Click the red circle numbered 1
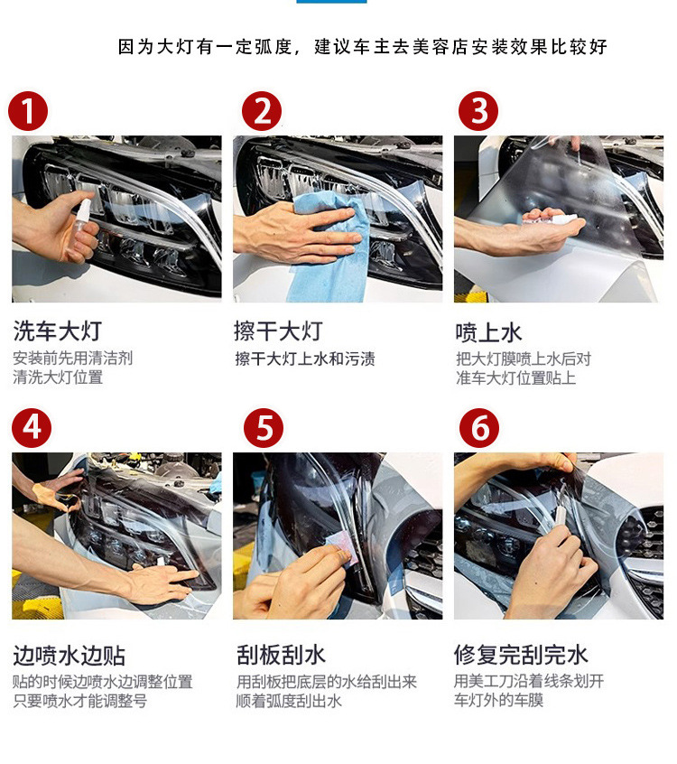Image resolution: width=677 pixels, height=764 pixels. tap(28, 111)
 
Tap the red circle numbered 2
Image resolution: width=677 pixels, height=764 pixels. tap(262, 111)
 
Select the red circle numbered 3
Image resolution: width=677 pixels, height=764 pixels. tap(478, 111)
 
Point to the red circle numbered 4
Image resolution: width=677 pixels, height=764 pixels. tap(32, 428)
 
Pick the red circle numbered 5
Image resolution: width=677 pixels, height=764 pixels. tap(264, 428)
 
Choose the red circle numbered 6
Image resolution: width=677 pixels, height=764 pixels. tap(479, 428)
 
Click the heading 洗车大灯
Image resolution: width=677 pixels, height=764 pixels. tap(58, 331)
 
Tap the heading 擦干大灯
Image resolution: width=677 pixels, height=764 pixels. tap(278, 331)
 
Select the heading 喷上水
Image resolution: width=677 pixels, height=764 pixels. tap(488, 333)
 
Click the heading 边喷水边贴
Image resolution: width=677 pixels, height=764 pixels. tap(70, 656)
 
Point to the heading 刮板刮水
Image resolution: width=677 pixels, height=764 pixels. tap(281, 655)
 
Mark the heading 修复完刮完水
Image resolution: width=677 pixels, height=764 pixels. tap(521, 655)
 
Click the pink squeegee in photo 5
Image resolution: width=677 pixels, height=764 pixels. tap(342, 549)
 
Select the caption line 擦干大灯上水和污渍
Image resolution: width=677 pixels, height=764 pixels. tap(305, 359)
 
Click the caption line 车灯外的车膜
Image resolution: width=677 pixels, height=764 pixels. tap(498, 700)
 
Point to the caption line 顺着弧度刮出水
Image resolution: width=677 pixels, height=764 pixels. tap(289, 701)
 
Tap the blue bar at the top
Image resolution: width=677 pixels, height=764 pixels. tap(331, 2)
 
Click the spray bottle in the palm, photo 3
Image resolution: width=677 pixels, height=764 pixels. tap(551, 219)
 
